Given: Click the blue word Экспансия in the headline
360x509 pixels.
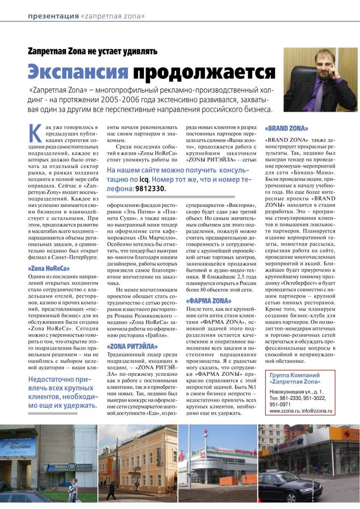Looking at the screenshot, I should click(78, 72).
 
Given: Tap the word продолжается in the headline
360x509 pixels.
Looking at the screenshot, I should click(204, 73).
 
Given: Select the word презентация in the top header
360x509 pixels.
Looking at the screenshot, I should click(53, 16).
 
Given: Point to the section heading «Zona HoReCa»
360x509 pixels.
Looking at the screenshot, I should click(49, 268).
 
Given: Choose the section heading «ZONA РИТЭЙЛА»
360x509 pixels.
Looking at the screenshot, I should click(132, 346).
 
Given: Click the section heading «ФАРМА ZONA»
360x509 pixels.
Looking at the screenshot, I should click(208, 301).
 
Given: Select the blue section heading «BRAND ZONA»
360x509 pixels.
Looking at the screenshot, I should click(287, 128).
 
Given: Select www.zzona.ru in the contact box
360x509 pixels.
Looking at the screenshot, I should click(283, 411).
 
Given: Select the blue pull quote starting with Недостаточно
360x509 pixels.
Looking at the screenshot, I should click(62, 393).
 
